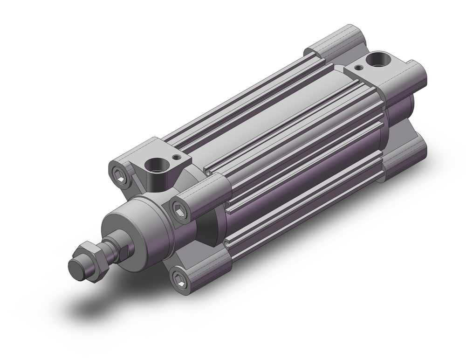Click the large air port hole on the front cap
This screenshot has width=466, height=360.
[154, 165]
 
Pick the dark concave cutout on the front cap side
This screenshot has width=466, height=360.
[210, 228]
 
